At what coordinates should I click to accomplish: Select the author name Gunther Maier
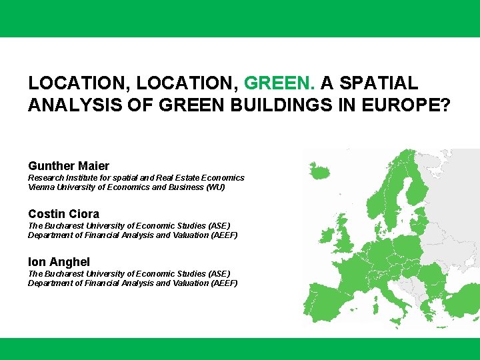tap(69, 165)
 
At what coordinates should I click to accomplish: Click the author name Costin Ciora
tap(63, 214)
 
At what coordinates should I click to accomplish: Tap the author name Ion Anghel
tap(59, 262)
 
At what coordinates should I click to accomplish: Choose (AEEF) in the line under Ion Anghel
tap(225, 283)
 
